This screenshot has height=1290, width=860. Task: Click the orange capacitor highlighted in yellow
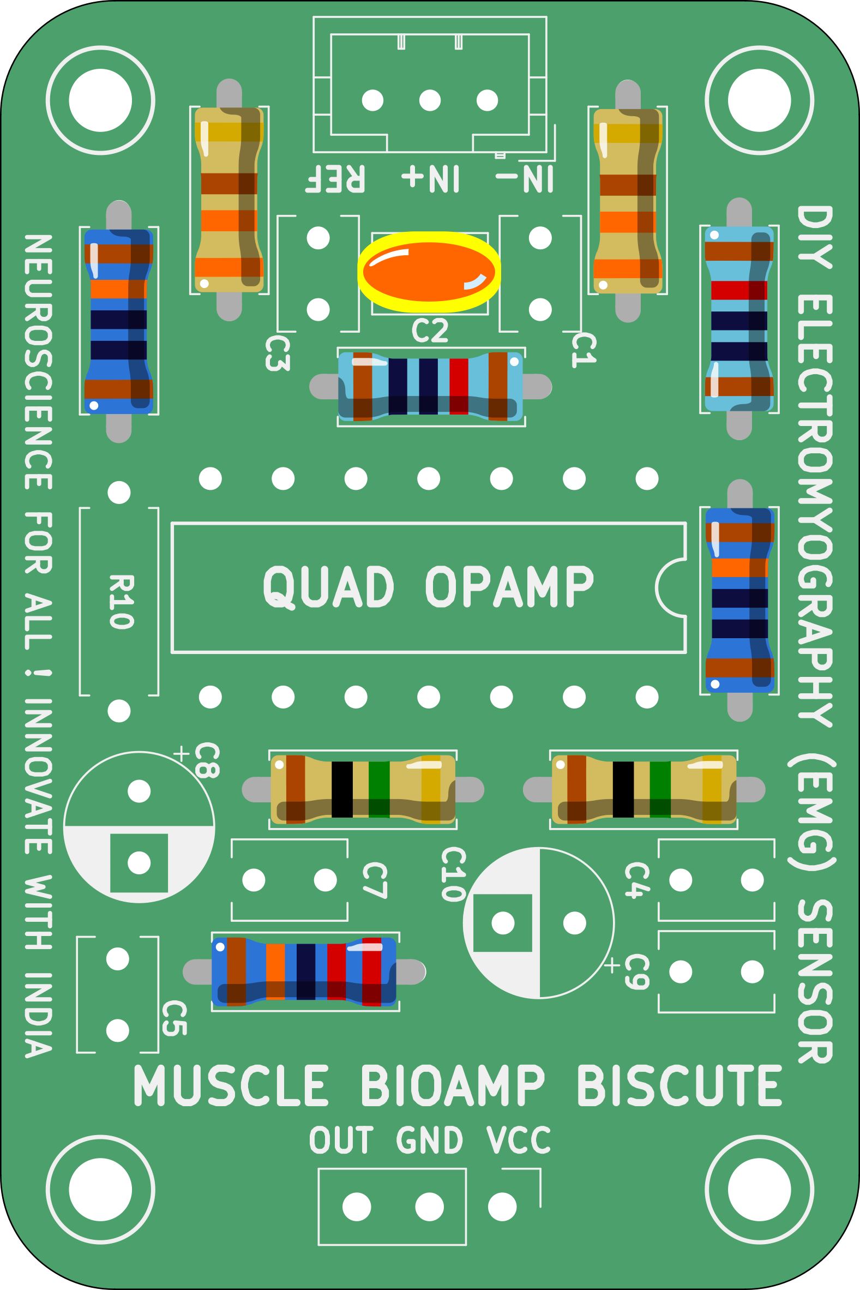(x=429, y=272)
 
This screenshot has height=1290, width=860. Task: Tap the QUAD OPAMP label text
(x=428, y=587)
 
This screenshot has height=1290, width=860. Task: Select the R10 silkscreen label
(x=121, y=602)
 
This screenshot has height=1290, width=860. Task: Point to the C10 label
(x=454, y=874)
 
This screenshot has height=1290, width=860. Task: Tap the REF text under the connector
(x=335, y=178)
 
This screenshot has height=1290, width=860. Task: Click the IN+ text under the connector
(x=431, y=178)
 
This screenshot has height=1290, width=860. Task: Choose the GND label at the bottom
(x=429, y=1141)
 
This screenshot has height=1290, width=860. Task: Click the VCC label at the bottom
(x=518, y=1141)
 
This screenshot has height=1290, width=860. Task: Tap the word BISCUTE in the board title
(x=679, y=1086)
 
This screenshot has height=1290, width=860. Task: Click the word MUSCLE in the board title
(x=231, y=1086)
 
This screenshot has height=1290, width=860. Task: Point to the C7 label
(x=375, y=880)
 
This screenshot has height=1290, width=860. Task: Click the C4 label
(x=638, y=880)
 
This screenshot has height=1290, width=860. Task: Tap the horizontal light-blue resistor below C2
(x=431, y=387)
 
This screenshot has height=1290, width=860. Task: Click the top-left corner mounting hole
(x=100, y=100)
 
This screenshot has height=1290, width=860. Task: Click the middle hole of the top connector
(x=430, y=100)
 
